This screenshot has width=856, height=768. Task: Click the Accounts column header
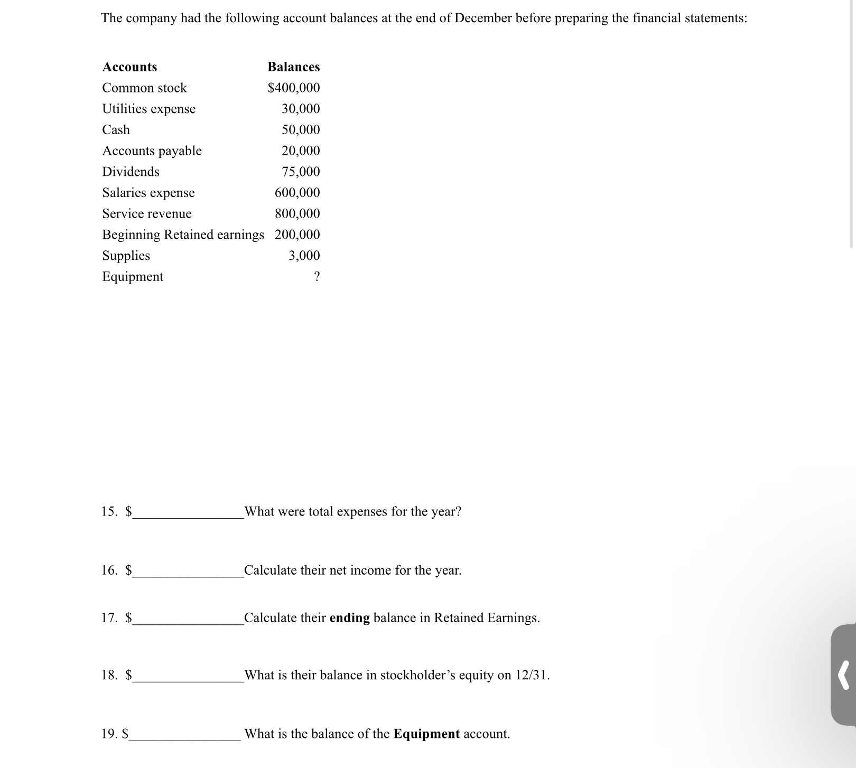click(x=129, y=67)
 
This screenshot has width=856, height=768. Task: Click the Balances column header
click(x=293, y=67)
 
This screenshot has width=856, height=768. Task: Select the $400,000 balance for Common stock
click(x=294, y=88)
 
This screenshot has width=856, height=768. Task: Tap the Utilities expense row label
click(x=148, y=109)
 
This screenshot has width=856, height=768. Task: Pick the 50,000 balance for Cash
click(x=301, y=130)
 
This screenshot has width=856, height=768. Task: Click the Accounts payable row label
click(x=152, y=151)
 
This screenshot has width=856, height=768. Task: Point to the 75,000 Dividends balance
click(x=301, y=172)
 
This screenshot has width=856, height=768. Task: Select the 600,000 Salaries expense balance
click(x=297, y=193)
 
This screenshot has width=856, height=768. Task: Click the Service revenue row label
click(x=147, y=214)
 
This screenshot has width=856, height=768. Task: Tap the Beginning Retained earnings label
click(x=183, y=235)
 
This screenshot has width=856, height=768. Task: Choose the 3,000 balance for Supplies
click(x=304, y=256)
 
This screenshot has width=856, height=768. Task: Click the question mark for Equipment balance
click(x=317, y=277)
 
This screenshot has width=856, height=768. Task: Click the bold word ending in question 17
click(x=349, y=618)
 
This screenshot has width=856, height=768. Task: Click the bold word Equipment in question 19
click(x=426, y=734)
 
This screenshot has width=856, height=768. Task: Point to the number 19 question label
click(x=109, y=734)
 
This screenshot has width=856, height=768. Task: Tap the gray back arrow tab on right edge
click(x=844, y=675)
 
